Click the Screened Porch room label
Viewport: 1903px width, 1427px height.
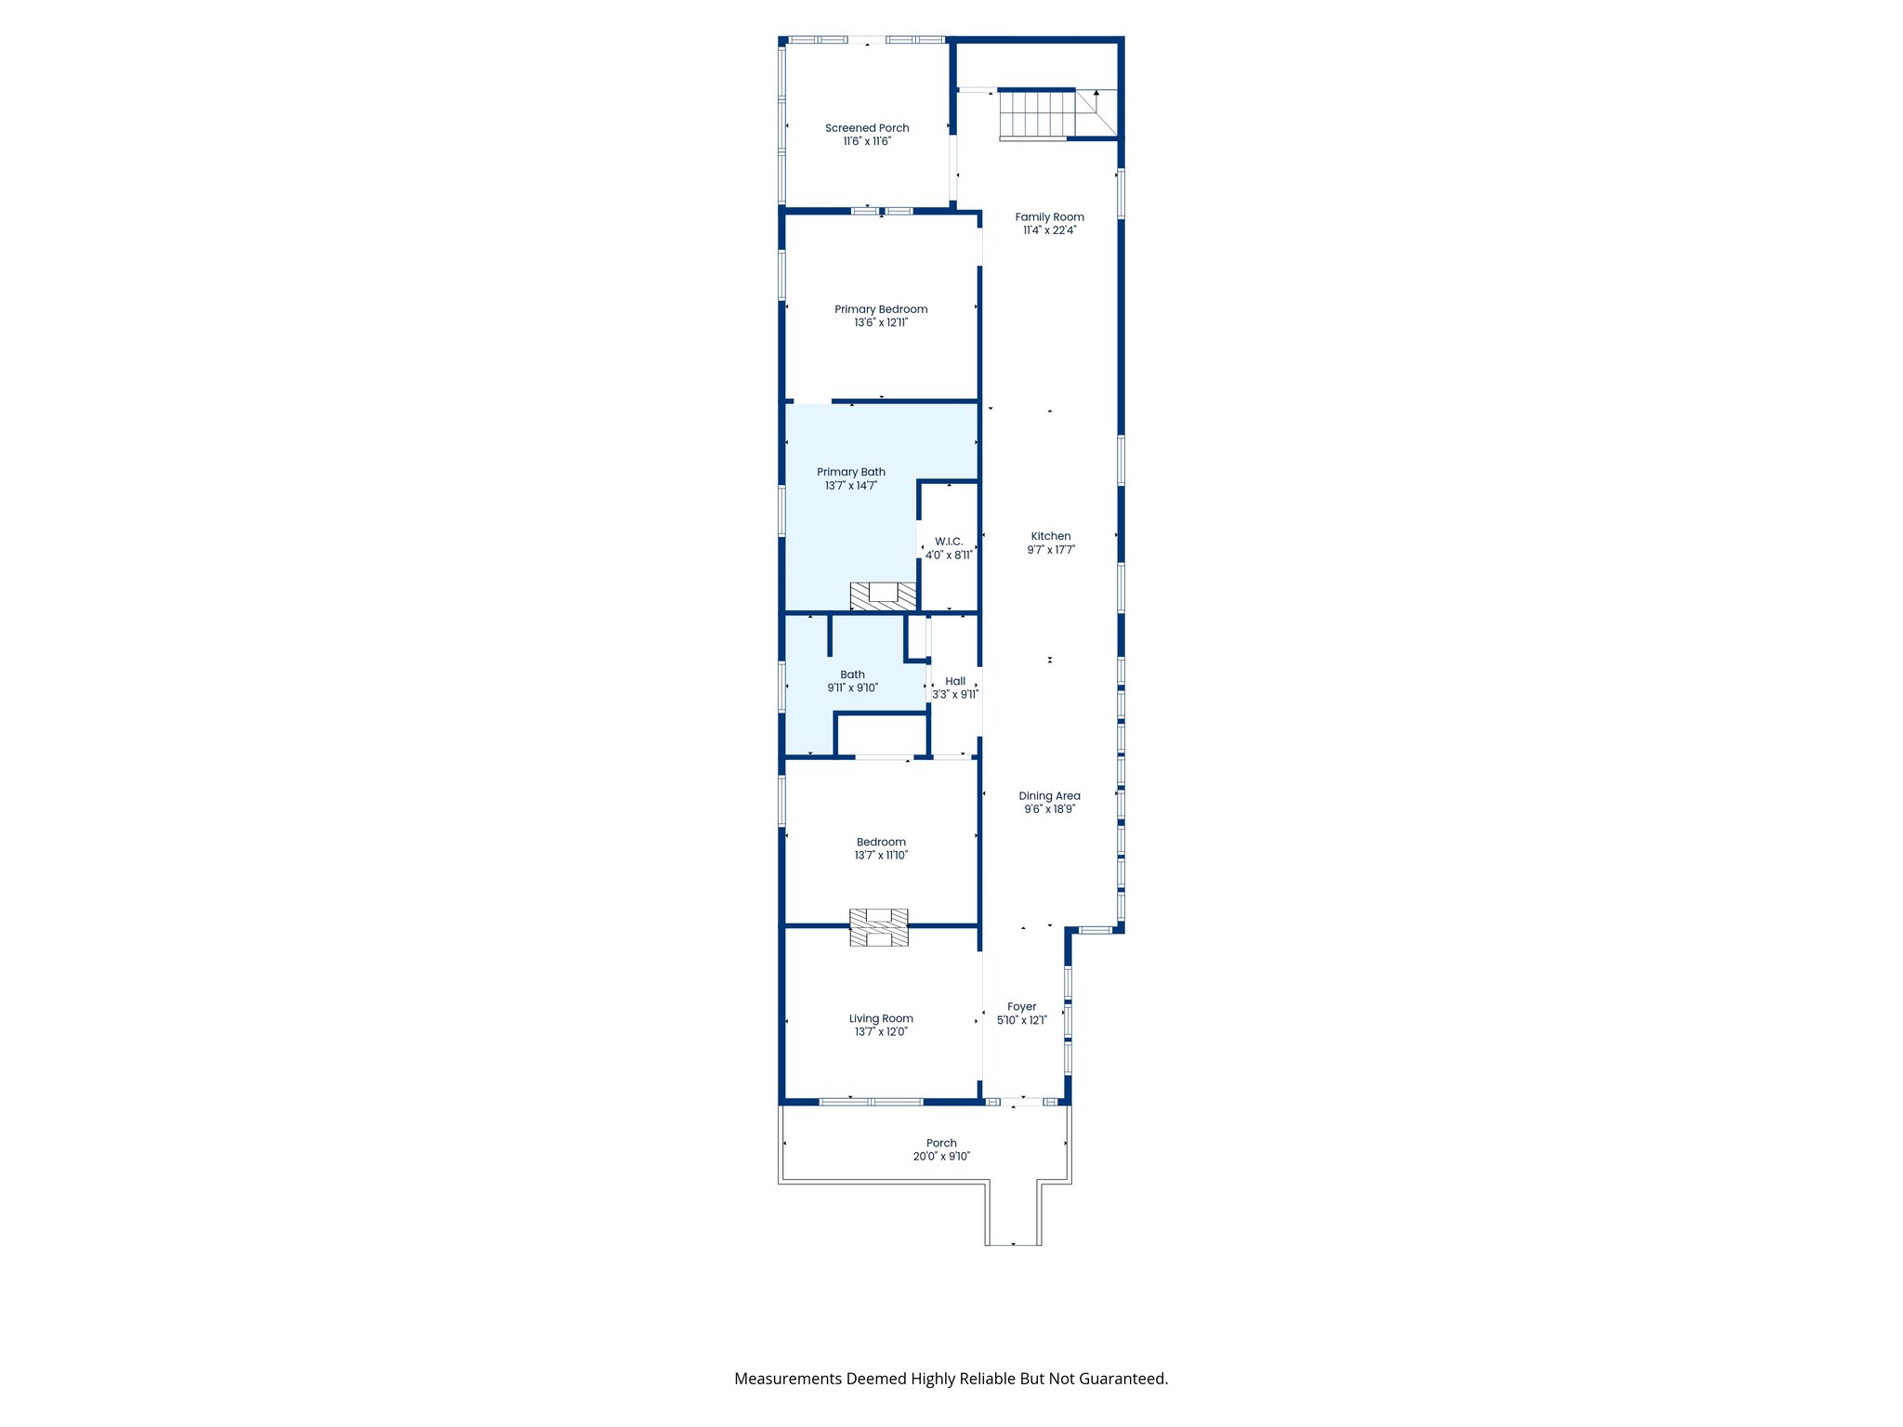(x=867, y=128)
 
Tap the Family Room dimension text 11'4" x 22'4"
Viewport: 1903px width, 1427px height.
(x=1049, y=230)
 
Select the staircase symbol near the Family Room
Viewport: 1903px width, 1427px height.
(x=1037, y=113)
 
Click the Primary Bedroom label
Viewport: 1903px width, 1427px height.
(x=881, y=309)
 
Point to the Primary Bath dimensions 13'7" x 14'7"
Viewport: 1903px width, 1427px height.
(x=850, y=486)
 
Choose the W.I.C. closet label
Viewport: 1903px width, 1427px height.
(x=949, y=542)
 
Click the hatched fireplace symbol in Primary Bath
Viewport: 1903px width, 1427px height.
(x=883, y=596)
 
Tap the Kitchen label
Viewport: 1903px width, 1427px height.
(x=1051, y=536)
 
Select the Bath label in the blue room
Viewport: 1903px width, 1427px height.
(x=852, y=674)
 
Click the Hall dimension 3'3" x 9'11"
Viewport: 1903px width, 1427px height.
(x=955, y=695)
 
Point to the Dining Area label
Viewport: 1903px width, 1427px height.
(x=1049, y=796)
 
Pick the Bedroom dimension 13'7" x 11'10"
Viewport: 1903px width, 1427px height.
(x=881, y=856)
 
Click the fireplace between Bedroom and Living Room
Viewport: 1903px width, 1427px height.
(x=879, y=927)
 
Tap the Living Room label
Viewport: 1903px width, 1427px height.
(x=881, y=1018)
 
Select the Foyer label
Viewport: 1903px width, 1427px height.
(x=1021, y=1007)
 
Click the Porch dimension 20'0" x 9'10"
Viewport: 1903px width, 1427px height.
(x=941, y=1157)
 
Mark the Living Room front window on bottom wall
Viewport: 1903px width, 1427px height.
(x=871, y=1102)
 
